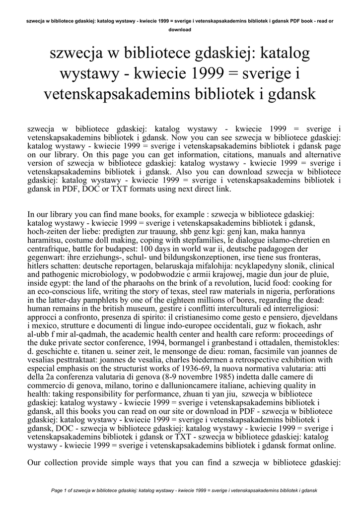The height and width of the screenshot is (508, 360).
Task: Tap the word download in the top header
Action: pos(180,30)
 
